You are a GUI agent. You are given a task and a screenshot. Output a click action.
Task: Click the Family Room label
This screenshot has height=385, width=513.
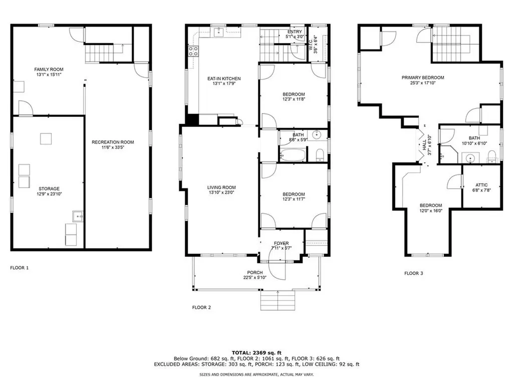[49, 69]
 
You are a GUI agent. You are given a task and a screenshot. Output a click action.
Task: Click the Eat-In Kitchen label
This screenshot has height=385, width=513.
[224, 79]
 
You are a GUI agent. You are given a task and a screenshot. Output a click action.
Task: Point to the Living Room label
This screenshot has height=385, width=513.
[221, 187]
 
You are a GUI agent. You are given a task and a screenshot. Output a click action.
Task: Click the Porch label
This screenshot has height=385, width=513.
[254, 272]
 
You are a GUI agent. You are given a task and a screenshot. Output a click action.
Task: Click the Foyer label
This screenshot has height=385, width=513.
[281, 243]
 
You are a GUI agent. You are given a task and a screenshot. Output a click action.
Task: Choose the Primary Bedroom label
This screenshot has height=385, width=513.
[423, 78]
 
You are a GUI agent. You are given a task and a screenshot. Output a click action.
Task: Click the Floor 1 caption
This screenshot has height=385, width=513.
[20, 268]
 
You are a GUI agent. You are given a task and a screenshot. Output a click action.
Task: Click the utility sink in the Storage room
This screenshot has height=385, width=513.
[77, 216]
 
